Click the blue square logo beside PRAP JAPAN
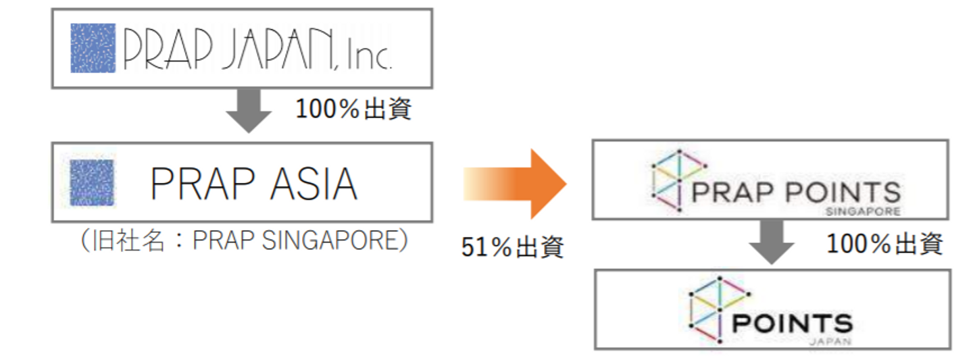tap(93, 48)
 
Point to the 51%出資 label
tap(512, 247)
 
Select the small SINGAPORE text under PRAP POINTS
tap(863, 211)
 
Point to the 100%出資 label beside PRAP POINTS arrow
tap(884, 244)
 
